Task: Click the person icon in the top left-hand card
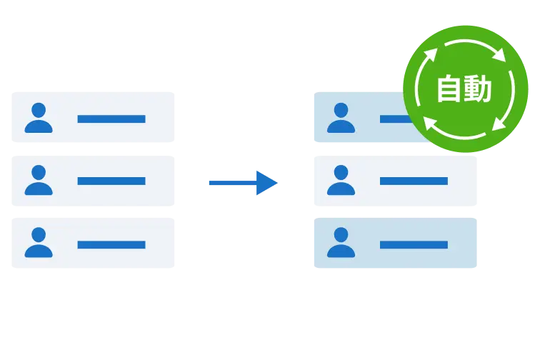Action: (x=39, y=118)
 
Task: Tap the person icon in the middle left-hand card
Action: (x=39, y=180)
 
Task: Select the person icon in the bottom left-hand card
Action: (x=39, y=243)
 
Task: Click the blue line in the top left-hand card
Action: (x=111, y=119)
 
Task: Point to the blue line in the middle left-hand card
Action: (x=111, y=181)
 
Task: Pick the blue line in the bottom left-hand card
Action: (x=111, y=244)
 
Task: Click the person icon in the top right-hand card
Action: (x=341, y=118)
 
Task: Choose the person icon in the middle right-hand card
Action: (x=341, y=180)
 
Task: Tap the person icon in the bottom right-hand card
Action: (x=341, y=243)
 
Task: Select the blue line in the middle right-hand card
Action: (x=414, y=181)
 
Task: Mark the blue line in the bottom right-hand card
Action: (x=414, y=244)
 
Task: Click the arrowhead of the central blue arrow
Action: (x=268, y=183)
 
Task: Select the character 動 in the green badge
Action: (x=479, y=90)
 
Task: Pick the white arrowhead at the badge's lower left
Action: (x=431, y=124)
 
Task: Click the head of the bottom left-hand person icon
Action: (x=39, y=234)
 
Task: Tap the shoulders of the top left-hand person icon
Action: (x=39, y=126)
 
